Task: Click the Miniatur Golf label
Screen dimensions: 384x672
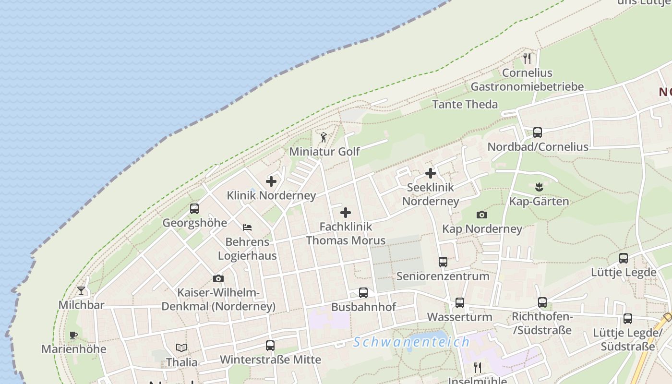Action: tap(324, 152)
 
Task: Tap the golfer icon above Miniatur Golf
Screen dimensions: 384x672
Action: tap(324, 138)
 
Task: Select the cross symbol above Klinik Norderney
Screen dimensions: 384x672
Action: tap(271, 181)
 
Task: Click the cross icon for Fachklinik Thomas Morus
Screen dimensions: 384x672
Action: tap(346, 213)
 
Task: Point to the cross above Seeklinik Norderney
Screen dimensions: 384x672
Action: tap(431, 173)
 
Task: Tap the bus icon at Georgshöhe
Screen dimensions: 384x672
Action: tap(194, 209)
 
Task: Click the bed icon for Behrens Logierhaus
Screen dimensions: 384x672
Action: tap(247, 227)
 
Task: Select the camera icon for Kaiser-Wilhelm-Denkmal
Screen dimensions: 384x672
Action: tap(218, 278)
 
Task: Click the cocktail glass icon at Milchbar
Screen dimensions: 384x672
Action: tap(81, 291)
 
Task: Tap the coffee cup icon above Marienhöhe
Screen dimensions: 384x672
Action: tap(73, 335)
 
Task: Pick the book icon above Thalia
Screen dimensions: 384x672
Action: tap(181, 348)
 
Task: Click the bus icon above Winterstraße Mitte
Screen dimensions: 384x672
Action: tap(270, 345)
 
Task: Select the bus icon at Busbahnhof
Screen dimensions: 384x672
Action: tap(363, 293)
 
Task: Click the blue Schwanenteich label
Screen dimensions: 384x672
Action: tap(411, 342)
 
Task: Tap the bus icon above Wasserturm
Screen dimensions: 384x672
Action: tap(460, 303)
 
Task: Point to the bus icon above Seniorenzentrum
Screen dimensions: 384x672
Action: tap(443, 262)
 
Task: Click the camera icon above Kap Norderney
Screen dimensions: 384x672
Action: tap(482, 215)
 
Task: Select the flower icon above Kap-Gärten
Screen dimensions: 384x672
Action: tap(539, 187)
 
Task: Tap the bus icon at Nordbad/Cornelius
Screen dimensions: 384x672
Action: tap(538, 132)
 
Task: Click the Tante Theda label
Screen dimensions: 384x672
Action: tap(465, 104)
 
